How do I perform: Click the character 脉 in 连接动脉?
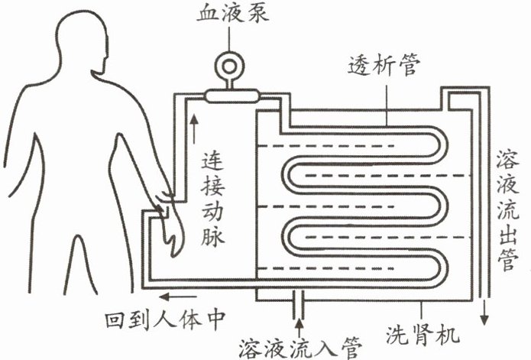pyautogui.click(x=213, y=236)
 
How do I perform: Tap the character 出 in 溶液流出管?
pyautogui.click(x=506, y=232)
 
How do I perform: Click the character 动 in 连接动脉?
pyautogui.click(x=213, y=211)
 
